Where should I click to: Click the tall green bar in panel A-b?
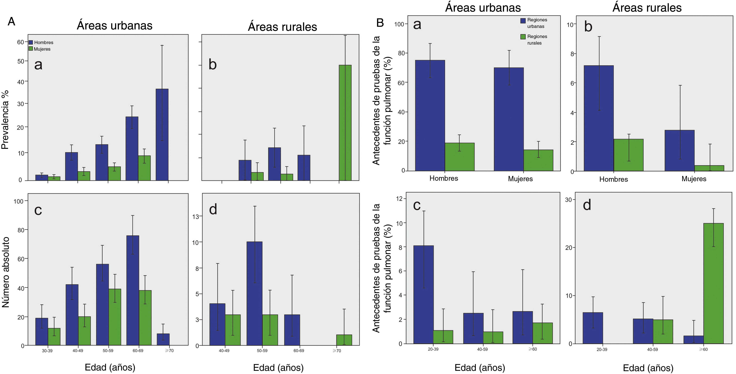(345, 123)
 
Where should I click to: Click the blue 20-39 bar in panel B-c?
(424, 294)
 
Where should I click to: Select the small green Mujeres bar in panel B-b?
(709, 168)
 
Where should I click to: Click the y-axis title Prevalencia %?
(5, 120)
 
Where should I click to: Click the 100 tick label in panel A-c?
(18, 201)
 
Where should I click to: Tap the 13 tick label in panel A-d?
(195, 217)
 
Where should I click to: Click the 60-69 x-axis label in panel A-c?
(138, 351)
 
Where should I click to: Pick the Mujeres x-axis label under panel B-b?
(694, 179)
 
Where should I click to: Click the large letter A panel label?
(11, 21)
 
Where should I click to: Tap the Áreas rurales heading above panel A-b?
(282, 27)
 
